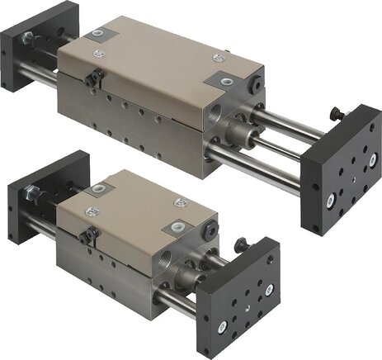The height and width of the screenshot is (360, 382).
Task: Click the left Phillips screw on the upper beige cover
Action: (x=100, y=35)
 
